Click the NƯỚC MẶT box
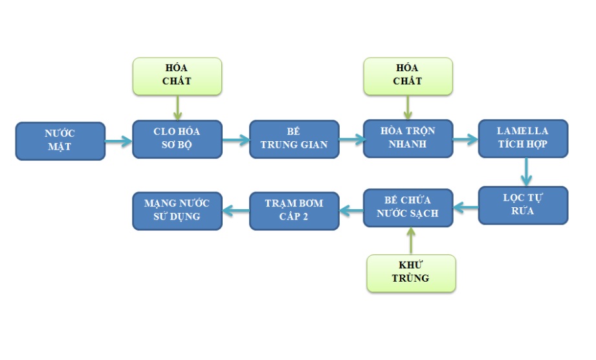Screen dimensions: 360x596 pyautogui.click(x=60, y=141)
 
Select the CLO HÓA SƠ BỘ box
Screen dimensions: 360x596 pyautogui.click(x=177, y=139)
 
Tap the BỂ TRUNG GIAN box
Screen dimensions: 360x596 pyautogui.click(x=294, y=139)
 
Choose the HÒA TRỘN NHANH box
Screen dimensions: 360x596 pyautogui.click(x=408, y=138)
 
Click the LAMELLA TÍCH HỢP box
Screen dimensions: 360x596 pyautogui.click(x=523, y=138)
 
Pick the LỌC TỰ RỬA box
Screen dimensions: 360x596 pyautogui.click(x=523, y=205)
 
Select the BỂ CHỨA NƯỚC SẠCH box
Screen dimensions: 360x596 pyautogui.click(x=408, y=207)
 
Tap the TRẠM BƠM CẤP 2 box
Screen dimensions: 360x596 pyautogui.click(x=294, y=210)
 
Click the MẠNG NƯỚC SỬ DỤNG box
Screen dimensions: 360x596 pyautogui.click(x=177, y=210)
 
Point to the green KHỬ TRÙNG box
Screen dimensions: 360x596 pyautogui.click(x=411, y=273)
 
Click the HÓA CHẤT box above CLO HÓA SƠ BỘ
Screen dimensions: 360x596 pyautogui.click(x=177, y=76)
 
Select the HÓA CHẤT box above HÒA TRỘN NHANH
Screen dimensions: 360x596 pyautogui.click(x=408, y=76)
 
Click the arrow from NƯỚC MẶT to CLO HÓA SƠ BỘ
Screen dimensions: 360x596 pyautogui.click(x=118, y=141)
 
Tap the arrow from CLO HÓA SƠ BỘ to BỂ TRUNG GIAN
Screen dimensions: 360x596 pyautogui.click(x=236, y=139)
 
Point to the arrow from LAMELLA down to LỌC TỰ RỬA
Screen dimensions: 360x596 pyautogui.click(x=525, y=172)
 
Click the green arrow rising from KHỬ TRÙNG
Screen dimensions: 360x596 pyautogui.click(x=410, y=241)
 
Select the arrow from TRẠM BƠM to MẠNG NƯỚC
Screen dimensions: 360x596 pyautogui.click(x=236, y=209)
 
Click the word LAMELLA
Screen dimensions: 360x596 pyautogui.click(x=523, y=131)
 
